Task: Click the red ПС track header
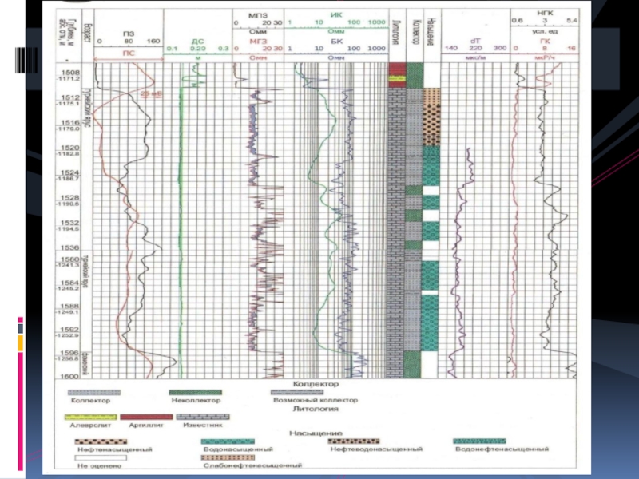[x=128, y=49]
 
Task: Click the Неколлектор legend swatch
[x=191, y=393]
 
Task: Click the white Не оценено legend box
[x=87, y=457]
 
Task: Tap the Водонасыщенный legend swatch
[x=228, y=441]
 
